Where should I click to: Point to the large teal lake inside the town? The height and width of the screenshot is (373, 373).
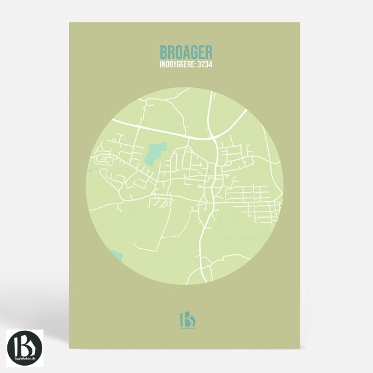[x=155, y=153]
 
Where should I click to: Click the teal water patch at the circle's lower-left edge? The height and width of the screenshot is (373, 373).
[x=116, y=254]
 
